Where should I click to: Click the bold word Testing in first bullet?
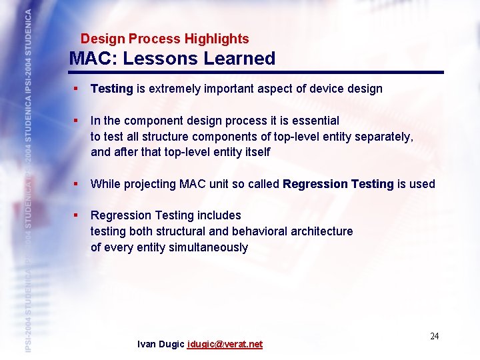(111, 89)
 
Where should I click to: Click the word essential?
(314, 121)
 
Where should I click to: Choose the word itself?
(255, 153)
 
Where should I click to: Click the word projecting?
(151, 184)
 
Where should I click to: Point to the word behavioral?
(257, 231)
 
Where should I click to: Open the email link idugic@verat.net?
(225, 345)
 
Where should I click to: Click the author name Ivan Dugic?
(161, 345)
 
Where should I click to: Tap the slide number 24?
(434, 336)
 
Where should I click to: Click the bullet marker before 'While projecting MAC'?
(78, 184)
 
